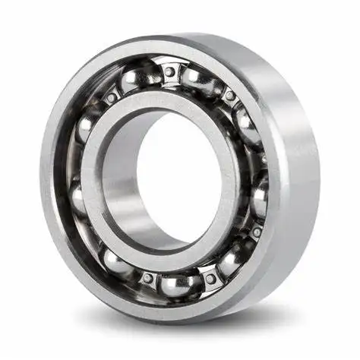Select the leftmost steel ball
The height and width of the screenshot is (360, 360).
point(78,199)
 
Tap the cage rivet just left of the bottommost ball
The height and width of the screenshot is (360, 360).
point(147,278)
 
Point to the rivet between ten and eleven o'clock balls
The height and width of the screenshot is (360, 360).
point(112,97)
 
